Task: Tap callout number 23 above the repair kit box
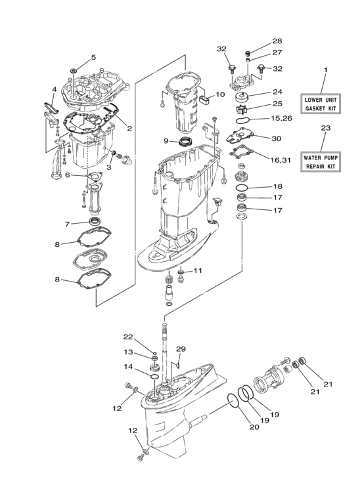click(323, 129)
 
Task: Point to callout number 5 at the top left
click(93, 58)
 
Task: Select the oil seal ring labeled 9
click(179, 141)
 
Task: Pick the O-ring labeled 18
click(244, 188)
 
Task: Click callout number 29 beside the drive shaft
click(181, 349)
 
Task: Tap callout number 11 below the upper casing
click(198, 270)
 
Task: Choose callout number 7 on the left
click(67, 224)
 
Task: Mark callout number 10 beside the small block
click(220, 94)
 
